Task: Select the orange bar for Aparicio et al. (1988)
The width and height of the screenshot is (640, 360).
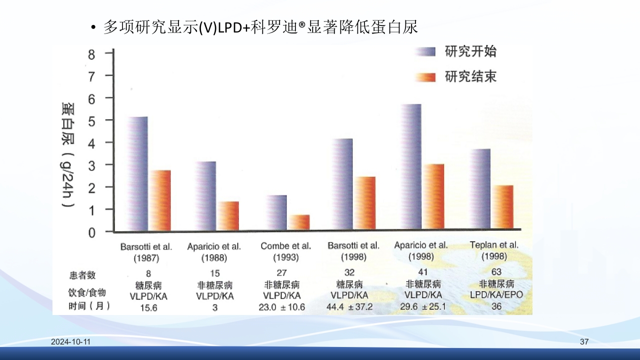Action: click(228, 216)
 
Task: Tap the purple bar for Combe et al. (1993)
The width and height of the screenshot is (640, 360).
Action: click(276, 213)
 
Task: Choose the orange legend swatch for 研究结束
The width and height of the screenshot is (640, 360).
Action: click(426, 77)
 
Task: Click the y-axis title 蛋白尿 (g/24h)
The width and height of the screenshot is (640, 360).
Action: click(68, 155)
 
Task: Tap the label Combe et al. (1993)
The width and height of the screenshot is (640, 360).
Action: click(286, 252)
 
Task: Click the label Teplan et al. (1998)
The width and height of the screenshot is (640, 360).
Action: click(494, 251)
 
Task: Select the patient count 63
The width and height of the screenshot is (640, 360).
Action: click(496, 272)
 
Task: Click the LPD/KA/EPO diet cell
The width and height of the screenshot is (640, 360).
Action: click(496, 294)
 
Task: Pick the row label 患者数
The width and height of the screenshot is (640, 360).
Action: click(82, 275)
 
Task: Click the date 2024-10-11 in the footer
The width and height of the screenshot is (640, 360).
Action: click(71, 342)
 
